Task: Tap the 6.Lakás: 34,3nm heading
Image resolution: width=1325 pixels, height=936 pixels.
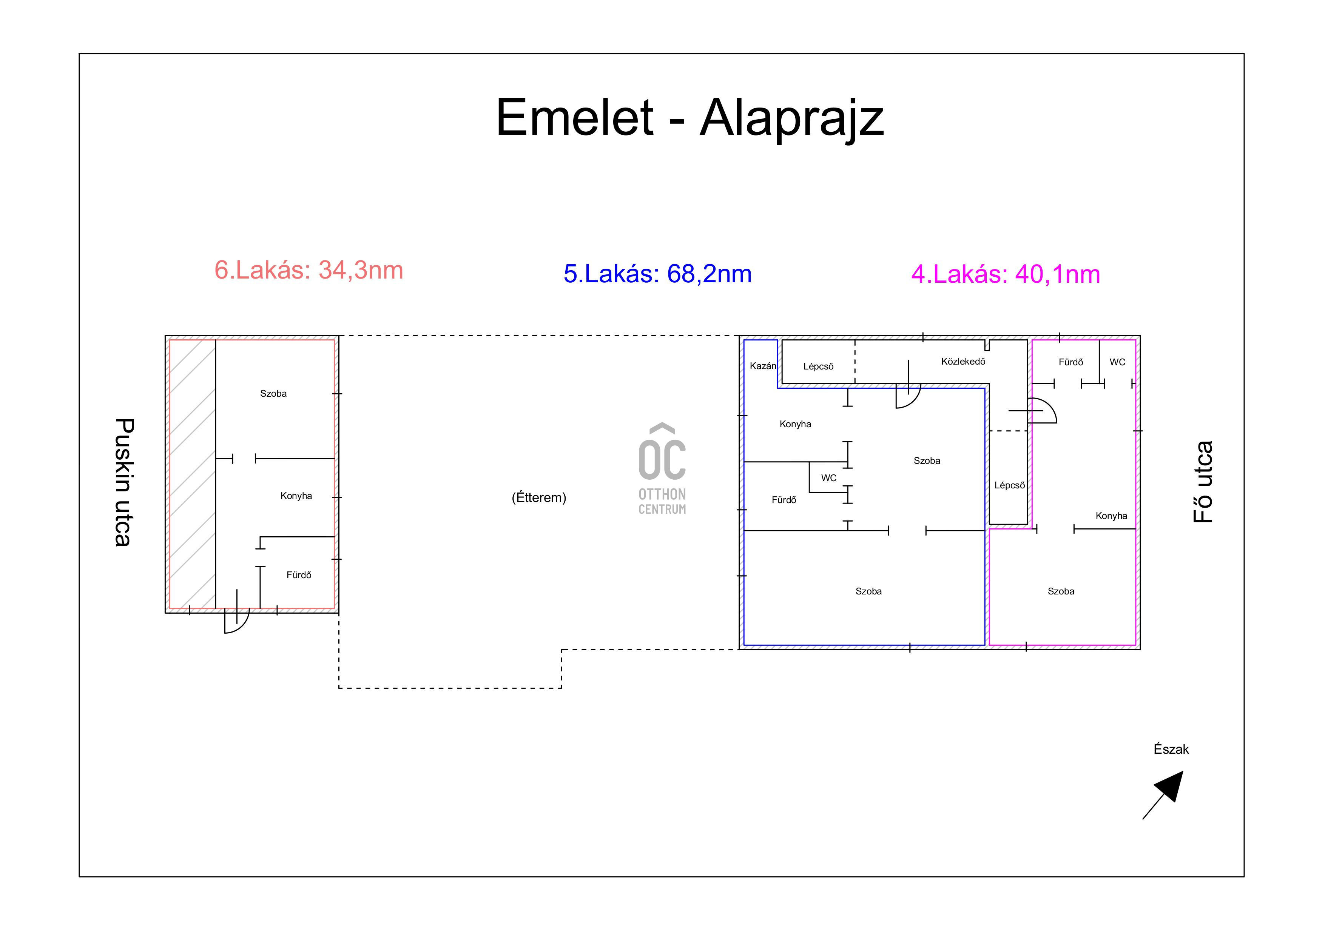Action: pos(309,270)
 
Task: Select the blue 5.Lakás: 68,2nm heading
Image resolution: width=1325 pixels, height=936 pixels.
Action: pos(657,274)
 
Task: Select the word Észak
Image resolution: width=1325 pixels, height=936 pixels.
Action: pos(1171,749)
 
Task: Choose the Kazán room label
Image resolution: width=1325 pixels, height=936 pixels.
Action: pos(762,366)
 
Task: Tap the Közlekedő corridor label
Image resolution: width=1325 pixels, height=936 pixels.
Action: pos(963,362)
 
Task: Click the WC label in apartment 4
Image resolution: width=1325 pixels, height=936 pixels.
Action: pos(1117,362)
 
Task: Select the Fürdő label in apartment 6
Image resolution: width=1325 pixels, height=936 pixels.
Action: pos(299,575)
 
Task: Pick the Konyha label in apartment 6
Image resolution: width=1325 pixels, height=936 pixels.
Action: pos(296,496)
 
